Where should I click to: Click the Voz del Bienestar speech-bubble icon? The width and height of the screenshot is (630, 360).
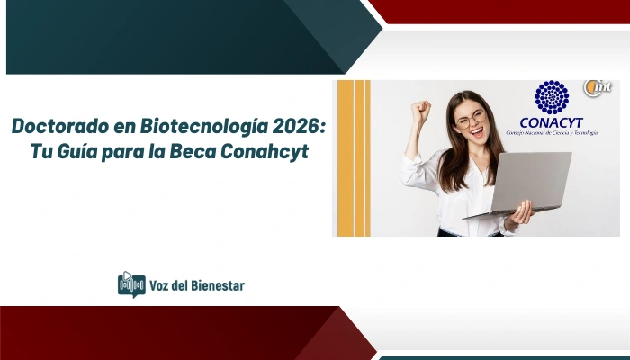131,285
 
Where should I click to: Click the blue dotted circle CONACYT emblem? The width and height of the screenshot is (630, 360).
553,97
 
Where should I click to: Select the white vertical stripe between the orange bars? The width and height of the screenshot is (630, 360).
351,157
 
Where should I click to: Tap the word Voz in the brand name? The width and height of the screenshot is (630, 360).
162,286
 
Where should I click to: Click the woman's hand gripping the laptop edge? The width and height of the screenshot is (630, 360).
520,213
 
